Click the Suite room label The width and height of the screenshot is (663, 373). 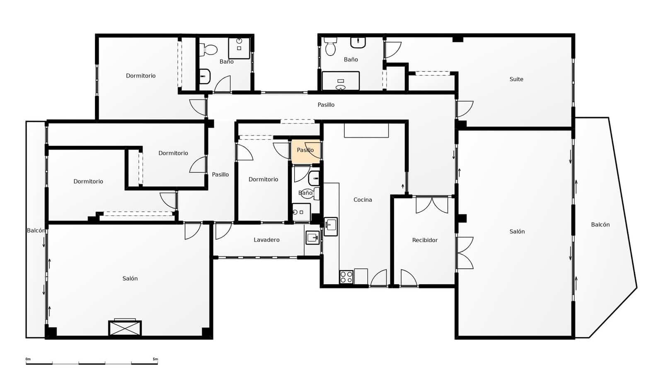pos(516,79)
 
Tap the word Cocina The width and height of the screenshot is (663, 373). pos(363,200)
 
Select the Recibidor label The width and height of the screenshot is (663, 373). pos(425,240)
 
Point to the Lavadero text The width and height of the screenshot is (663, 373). pos(266,240)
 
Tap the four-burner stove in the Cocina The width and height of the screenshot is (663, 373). pos(346,277)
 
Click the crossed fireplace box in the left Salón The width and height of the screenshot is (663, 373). pos(125,328)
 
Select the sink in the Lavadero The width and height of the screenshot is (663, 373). pos(312,237)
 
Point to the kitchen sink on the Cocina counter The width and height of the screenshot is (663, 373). pos(331,226)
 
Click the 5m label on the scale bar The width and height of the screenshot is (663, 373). pos(155,359)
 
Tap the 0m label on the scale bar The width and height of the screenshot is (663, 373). pos(28,359)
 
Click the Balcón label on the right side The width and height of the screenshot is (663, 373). pos(600,225)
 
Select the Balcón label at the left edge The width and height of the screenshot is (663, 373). pos(36,230)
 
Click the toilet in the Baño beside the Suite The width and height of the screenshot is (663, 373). pos(330,47)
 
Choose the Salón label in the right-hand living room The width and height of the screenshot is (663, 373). pos(517,232)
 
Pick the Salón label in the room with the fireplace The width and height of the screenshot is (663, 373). pos(130,278)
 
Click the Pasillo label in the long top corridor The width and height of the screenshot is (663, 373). pos(326,105)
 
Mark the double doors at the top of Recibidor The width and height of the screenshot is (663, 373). pos(432,205)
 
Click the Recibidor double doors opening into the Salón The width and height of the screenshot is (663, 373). pos(465,253)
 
